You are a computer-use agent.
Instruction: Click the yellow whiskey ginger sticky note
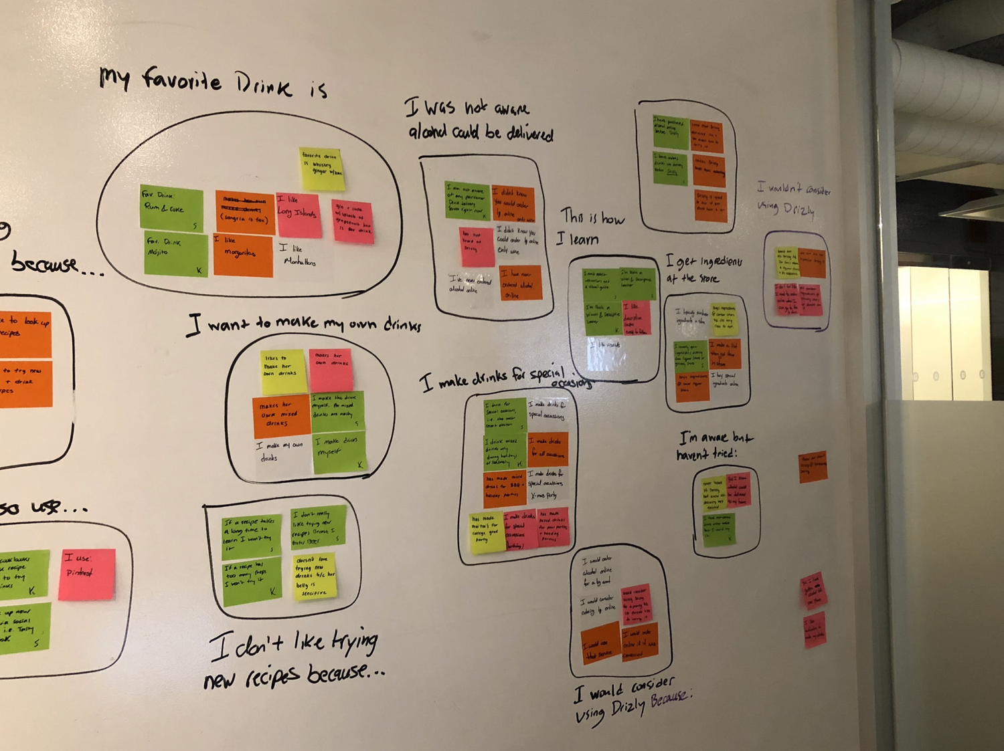click(321, 167)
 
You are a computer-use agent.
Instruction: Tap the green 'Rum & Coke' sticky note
click(171, 209)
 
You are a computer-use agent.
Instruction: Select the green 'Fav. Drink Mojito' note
click(176, 253)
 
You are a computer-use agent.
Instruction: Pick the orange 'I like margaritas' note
click(243, 255)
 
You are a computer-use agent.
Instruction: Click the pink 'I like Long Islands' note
click(299, 215)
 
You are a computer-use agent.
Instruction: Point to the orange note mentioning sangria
click(244, 211)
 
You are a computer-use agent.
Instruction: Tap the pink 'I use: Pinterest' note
click(86, 574)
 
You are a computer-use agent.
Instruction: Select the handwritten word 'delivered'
click(529, 133)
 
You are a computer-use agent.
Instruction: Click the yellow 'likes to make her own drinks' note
click(284, 370)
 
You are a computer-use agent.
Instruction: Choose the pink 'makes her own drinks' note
click(331, 368)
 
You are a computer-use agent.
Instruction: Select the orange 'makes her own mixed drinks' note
click(280, 415)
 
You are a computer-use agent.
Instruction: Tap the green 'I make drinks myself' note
click(339, 452)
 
